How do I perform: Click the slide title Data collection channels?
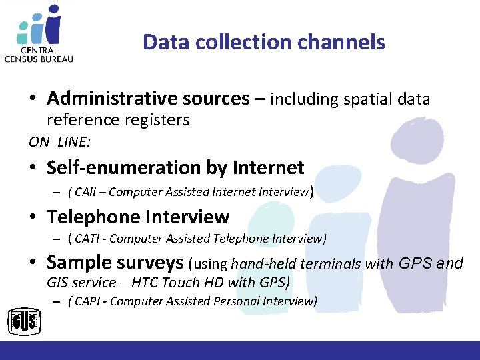click(263, 43)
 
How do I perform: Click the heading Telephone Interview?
click(138, 217)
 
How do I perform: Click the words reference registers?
click(118, 120)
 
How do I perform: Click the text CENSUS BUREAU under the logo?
click(39, 58)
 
